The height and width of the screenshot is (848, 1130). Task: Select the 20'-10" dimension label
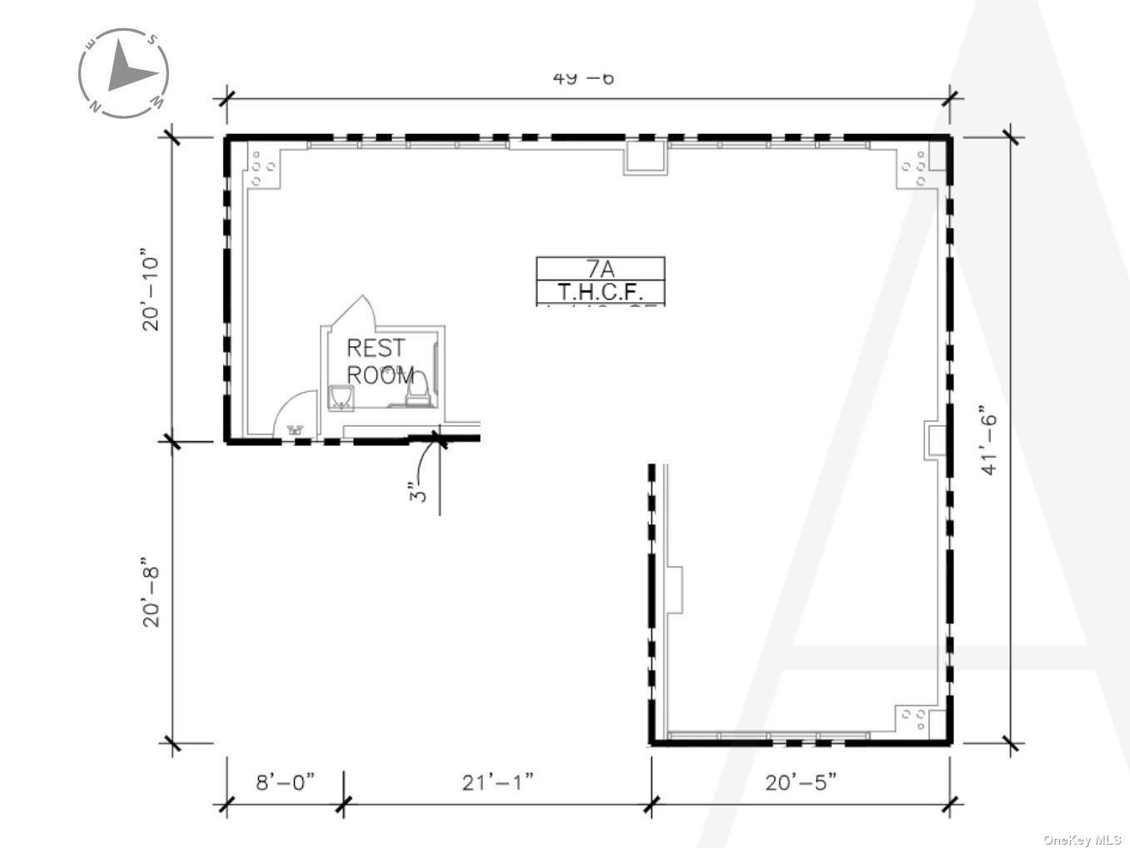click(151, 290)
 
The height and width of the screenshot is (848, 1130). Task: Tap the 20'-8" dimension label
click(151, 592)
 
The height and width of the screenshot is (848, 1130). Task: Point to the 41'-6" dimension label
click(988, 440)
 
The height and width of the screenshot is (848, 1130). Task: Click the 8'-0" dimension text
click(286, 782)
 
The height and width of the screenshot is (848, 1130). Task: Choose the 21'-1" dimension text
click(497, 782)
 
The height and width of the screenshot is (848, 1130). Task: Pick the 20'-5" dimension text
click(800, 782)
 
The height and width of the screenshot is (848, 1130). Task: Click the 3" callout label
click(421, 491)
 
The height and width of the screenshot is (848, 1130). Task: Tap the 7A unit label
click(600, 269)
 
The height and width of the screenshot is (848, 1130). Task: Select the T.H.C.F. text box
click(600, 292)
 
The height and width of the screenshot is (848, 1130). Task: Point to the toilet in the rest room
click(417, 391)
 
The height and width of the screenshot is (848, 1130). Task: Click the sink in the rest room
click(341, 398)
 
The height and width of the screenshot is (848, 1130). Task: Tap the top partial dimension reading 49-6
click(583, 78)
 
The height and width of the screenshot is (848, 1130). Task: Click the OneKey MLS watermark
click(1082, 839)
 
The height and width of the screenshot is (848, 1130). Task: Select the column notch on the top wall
click(645, 158)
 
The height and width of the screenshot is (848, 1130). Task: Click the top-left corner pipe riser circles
click(264, 168)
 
